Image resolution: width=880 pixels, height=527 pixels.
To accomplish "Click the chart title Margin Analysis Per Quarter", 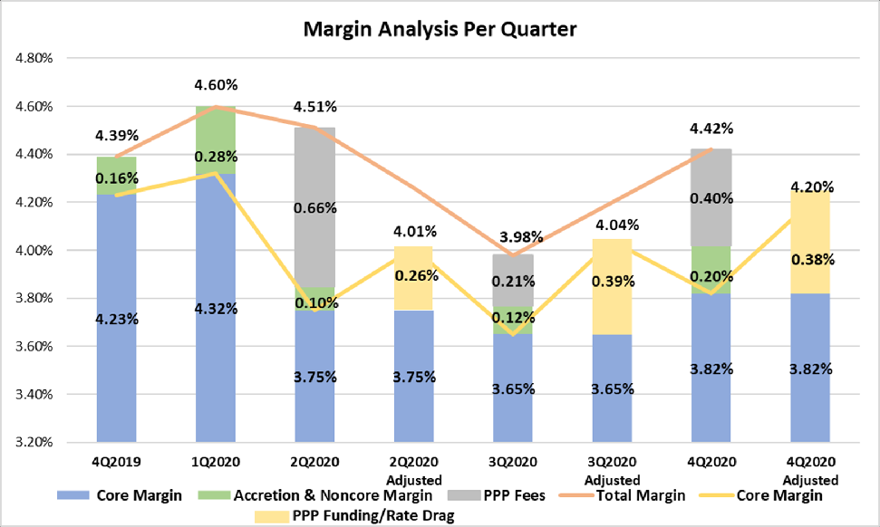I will pos(440,29).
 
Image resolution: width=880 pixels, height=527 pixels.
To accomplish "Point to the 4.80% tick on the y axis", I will pos(34,58).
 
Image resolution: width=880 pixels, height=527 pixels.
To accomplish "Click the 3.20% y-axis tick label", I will pos(34,443).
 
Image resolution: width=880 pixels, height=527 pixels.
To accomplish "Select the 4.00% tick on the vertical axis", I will pos(34,250).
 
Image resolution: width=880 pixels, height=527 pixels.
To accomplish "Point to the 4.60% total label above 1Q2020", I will pos(216,86).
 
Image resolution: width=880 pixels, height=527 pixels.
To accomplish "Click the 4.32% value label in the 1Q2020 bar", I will pos(216,309).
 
